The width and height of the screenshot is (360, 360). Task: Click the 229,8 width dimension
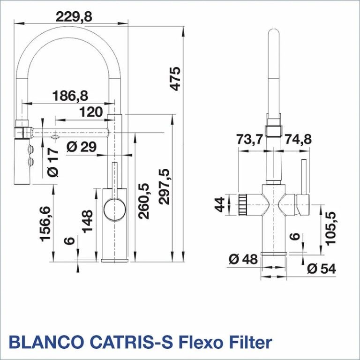click(x=74, y=16)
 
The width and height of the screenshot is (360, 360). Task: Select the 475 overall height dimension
click(x=175, y=79)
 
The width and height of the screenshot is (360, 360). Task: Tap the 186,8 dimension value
click(x=70, y=96)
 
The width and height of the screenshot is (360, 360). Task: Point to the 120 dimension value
click(x=91, y=112)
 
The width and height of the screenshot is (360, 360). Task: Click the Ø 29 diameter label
click(x=82, y=147)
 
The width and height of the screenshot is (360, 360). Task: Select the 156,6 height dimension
click(x=45, y=224)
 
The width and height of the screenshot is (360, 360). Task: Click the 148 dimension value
click(x=87, y=221)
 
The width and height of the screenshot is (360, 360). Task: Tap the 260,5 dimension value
click(x=144, y=201)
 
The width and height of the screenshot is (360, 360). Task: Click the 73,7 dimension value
click(x=249, y=139)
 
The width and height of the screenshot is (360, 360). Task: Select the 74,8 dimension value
click(x=298, y=139)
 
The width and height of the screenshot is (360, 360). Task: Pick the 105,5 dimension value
click(x=330, y=228)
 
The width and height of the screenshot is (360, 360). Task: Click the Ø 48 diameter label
click(x=243, y=259)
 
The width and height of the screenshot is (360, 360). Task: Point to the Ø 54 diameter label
click(x=322, y=269)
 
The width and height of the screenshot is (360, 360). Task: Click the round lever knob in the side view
click(x=114, y=209)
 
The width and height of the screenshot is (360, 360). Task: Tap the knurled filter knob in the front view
click(x=243, y=204)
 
